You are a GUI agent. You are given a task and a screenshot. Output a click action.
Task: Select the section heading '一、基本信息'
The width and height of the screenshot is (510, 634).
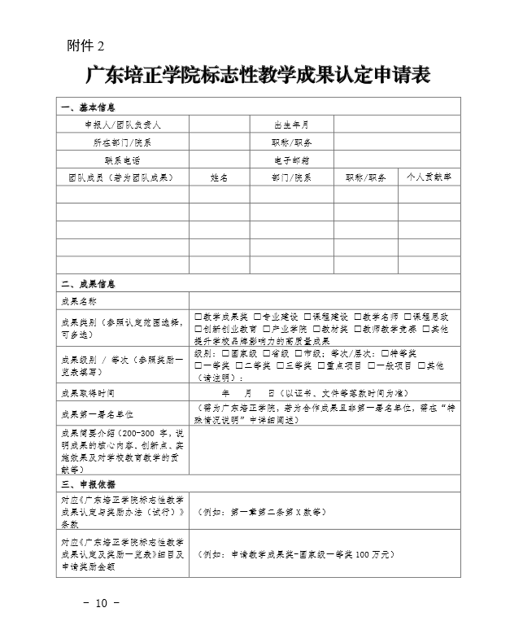89,107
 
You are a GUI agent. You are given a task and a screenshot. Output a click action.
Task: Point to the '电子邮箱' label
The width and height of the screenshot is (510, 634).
292,160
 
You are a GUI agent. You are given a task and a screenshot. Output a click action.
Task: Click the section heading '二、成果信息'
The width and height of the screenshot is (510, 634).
89,284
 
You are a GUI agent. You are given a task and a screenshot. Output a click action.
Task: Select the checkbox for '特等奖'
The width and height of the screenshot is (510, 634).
384,353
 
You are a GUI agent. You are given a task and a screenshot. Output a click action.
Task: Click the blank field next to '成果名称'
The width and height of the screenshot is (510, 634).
325,300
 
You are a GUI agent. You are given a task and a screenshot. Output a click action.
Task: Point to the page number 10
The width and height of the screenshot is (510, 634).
101,603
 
